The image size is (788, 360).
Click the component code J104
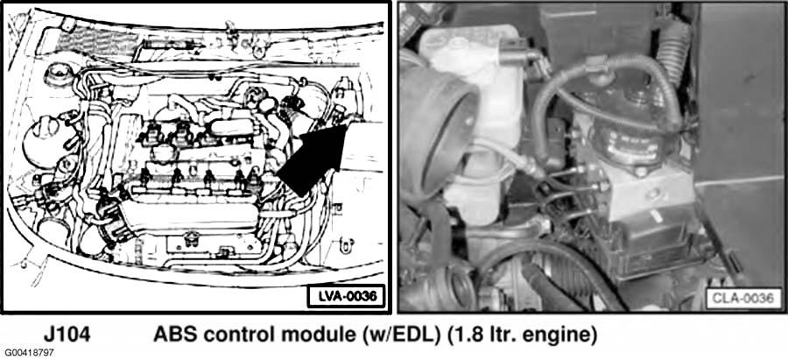(x=67, y=335)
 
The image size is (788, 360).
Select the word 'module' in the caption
(x=311, y=335)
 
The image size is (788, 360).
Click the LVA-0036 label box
(x=345, y=296)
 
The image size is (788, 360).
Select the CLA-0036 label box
(x=743, y=298)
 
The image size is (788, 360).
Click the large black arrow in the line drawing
(x=313, y=160)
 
